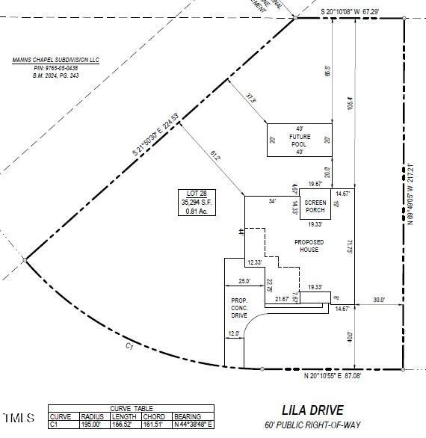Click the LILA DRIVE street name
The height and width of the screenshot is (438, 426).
(x=312, y=410)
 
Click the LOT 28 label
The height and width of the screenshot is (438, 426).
(x=188, y=193)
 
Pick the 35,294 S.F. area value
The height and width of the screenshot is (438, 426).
(x=188, y=202)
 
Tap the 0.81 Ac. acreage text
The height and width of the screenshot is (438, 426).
(x=188, y=211)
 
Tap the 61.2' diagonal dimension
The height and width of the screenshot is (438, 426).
(x=215, y=156)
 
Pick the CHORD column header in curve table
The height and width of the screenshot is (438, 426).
(x=154, y=417)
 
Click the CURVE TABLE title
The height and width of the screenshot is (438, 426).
(x=131, y=408)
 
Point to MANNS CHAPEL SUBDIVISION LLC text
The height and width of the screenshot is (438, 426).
(x=55, y=60)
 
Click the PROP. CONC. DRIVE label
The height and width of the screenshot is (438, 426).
(x=238, y=307)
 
